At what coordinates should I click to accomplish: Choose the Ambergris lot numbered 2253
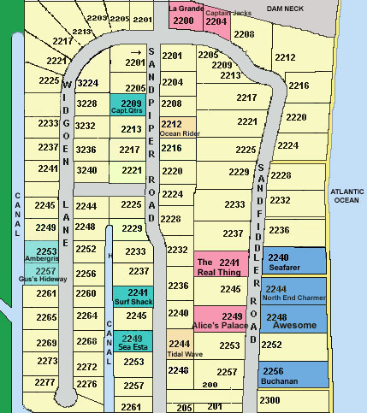click(x=46, y=252)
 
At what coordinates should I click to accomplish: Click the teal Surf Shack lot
click(x=131, y=296)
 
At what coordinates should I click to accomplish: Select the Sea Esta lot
click(x=131, y=341)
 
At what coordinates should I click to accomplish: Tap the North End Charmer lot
click(x=293, y=292)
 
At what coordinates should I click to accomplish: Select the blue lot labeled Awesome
click(x=293, y=321)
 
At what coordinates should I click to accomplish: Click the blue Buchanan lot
click(x=293, y=374)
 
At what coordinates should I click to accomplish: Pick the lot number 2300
click(x=269, y=400)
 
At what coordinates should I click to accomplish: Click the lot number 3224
click(x=87, y=84)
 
